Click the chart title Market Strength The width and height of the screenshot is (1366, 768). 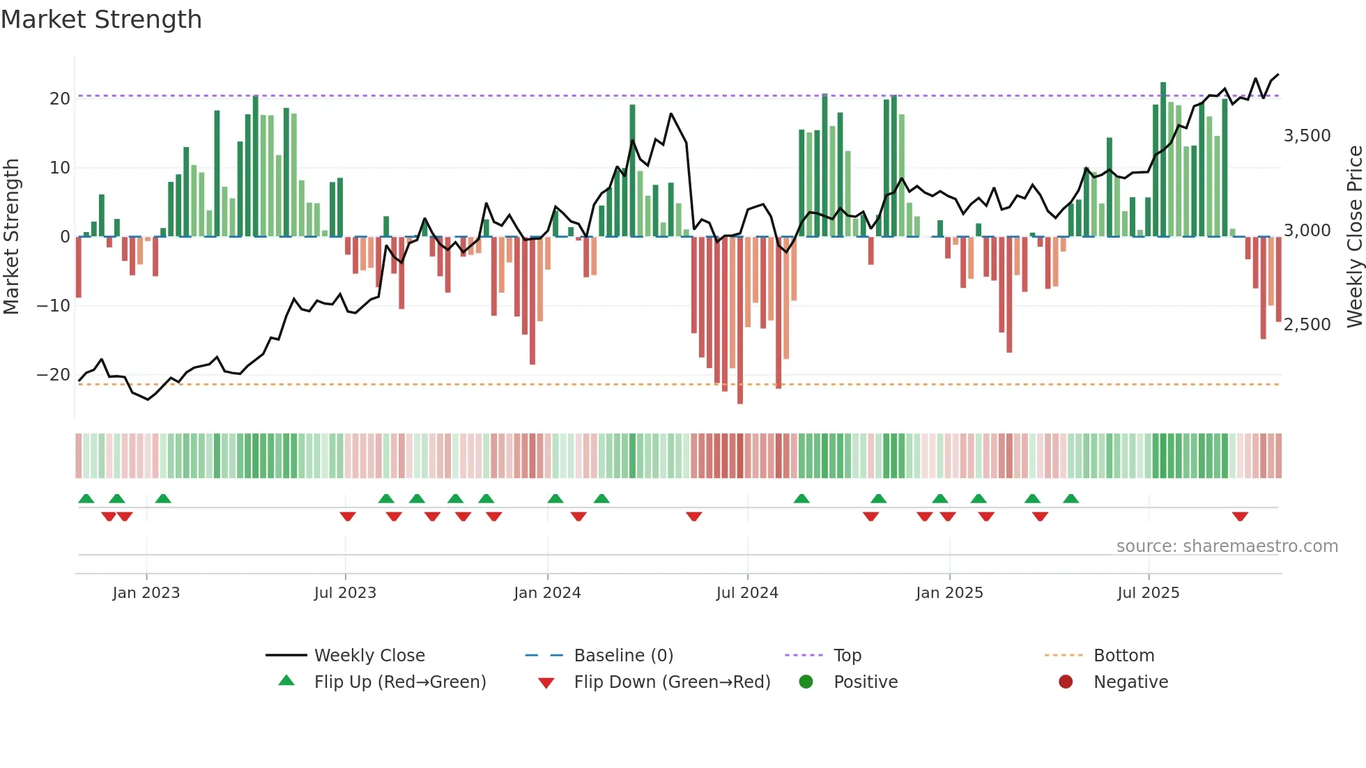(101, 20)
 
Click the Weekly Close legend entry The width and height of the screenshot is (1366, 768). (369, 655)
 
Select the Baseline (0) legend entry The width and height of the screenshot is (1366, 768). (623, 655)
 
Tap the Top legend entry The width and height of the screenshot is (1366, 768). (847, 655)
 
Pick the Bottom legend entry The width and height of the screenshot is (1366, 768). (1123, 655)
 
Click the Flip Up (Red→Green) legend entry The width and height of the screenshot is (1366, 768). (399, 682)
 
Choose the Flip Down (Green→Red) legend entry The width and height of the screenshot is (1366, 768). (672, 682)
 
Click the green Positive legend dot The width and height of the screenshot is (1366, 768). (806, 682)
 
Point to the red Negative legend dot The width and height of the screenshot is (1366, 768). (1066, 682)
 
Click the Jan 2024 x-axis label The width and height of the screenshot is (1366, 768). (547, 592)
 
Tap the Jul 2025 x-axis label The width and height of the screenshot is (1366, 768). (1148, 592)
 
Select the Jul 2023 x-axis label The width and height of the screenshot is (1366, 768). (345, 592)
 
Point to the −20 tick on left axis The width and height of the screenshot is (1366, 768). (54, 374)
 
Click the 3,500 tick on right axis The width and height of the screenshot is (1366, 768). (1307, 135)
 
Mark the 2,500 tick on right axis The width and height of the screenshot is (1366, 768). (1307, 324)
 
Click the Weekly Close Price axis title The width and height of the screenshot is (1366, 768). (1354, 236)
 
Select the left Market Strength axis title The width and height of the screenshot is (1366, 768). (11, 236)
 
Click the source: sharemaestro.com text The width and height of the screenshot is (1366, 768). (1227, 546)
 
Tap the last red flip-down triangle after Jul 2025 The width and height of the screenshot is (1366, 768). (1240, 516)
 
